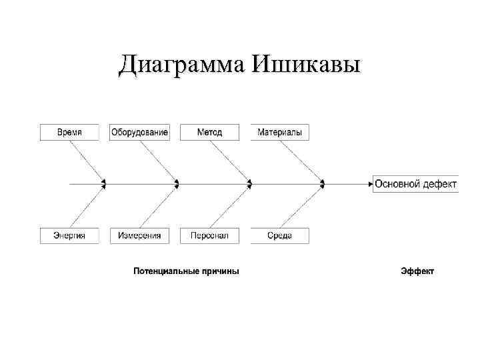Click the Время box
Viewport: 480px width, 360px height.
[x=69, y=132]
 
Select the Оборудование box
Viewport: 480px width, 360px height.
[x=139, y=132]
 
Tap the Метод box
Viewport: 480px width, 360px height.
[x=209, y=132]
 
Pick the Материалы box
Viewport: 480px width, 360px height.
[x=280, y=132]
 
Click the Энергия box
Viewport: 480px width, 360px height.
[x=69, y=235]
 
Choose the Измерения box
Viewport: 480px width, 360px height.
[x=139, y=235]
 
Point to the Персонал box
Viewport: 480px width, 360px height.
[x=209, y=235]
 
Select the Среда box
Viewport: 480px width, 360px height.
[x=280, y=235]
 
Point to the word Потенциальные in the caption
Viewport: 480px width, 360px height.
[x=166, y=271]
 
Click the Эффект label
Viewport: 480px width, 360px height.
[x=417, y=271]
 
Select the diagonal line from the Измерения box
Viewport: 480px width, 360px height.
[x=159, y=208]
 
